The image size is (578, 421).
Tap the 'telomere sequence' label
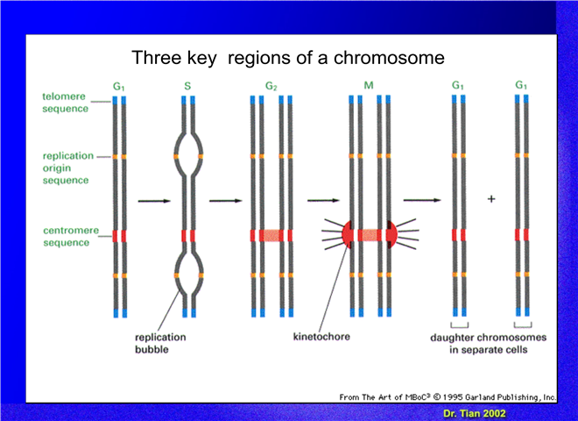[65, 103]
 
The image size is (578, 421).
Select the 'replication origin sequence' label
[67, 168]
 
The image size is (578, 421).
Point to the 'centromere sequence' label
[71, 236]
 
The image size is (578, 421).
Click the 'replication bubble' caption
[160, 343]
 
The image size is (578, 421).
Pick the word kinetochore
[321, 337]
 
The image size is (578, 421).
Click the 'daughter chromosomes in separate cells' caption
[488, 344]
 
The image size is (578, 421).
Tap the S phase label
[187, 87]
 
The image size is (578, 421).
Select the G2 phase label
[271, 87]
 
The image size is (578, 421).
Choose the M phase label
[369, 86]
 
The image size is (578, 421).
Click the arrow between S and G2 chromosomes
[226, 201]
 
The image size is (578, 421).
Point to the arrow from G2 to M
[323, 201]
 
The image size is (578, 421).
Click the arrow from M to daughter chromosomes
[422, 200]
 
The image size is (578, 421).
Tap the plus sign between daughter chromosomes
[491, 199]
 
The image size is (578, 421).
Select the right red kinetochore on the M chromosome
[392, 234]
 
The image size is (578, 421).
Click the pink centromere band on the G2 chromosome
[271, 236]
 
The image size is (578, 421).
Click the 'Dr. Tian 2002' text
[475, 414]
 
